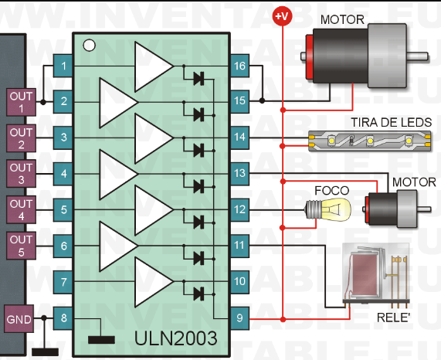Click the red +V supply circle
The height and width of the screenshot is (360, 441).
point(283,16)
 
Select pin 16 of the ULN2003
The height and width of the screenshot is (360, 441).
point(239,66)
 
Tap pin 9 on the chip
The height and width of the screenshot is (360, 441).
point(239,318)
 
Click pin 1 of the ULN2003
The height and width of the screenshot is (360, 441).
point(63,66)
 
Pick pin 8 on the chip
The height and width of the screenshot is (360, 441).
point(63,318)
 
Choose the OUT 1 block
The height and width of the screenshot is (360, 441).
point(21,103)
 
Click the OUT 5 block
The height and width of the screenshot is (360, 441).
point(21,246)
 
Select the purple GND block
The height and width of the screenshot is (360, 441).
point(19,319)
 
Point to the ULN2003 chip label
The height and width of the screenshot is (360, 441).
point(176,338)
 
